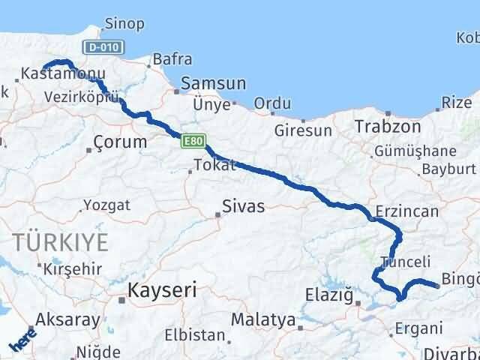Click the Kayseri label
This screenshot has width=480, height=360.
[160, 289]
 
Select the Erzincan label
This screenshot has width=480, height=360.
[409, 211]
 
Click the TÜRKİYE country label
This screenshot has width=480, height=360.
[60, 241]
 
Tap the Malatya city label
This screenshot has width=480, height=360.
[262, 320]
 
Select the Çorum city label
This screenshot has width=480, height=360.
[120, 141]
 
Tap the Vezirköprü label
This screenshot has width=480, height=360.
[82, 97]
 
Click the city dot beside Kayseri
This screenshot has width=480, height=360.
[121, 299]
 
